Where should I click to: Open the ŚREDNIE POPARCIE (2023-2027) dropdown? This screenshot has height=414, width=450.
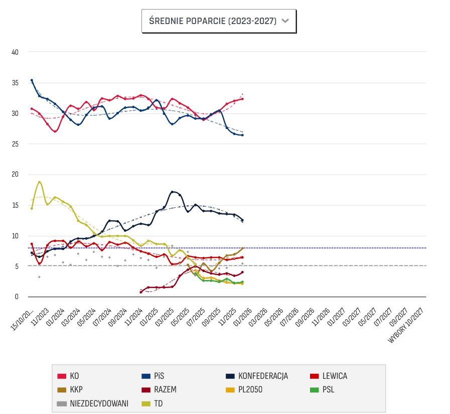(x=219, y=21)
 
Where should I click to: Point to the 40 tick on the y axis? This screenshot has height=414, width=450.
(x=15, y=52)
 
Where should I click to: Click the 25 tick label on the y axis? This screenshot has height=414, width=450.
(x=15, y=144)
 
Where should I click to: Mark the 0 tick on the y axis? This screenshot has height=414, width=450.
(x=17, y=297)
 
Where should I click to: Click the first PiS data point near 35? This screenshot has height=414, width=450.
(x=32, y=80)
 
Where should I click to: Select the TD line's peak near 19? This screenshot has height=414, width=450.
(x=39, y=182)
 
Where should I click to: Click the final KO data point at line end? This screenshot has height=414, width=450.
(x=243, y=99)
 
